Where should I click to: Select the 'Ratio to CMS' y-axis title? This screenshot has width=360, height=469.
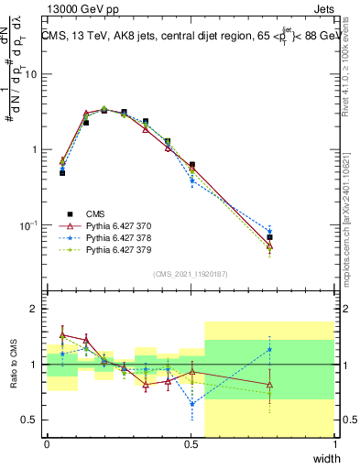click(x=12, y=366)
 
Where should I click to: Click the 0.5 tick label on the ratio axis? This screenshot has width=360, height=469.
click(x=31, y=420)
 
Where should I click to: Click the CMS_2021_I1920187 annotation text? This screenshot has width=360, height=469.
click(x=191, y=274)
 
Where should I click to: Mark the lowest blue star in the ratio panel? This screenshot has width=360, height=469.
click(x=191, y=403)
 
